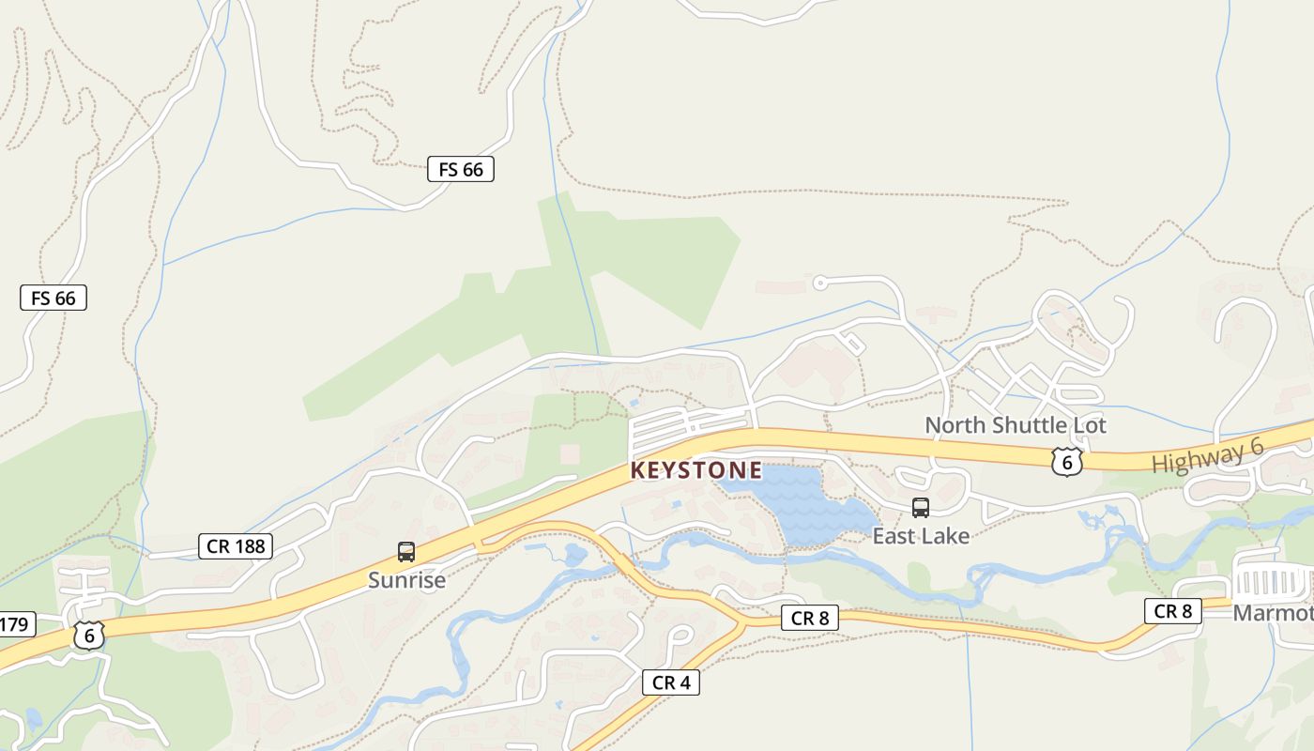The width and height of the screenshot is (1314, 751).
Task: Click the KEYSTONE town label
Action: (696, 469)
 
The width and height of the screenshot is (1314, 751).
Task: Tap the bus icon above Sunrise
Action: (406, 552)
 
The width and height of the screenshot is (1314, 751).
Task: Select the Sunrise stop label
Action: (406, 580)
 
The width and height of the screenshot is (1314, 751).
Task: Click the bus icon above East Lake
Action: (921, 508)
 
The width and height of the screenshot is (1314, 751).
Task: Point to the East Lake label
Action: (921, 536)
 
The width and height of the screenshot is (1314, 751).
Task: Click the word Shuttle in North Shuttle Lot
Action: (1017, 425)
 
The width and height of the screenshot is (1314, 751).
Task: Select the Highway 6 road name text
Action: (1208, 456)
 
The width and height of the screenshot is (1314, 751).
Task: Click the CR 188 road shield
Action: (236, 545)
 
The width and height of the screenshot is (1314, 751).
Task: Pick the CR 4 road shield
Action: (671, 682)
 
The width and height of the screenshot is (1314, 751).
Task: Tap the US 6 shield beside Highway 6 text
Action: (1067, 461)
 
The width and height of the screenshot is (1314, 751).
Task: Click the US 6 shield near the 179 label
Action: (89, 636)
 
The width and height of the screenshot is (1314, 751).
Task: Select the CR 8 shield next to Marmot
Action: (1173, 611)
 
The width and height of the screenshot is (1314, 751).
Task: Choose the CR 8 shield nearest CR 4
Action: (809, 618)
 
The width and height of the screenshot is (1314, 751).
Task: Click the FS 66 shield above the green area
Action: (460, 169)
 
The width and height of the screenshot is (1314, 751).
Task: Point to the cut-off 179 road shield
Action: (16, 623)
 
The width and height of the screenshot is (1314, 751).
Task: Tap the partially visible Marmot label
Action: (1273, 613)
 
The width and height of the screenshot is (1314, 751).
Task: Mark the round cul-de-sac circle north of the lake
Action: (819, 282)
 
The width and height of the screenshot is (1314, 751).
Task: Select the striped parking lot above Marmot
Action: (1273, 583)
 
